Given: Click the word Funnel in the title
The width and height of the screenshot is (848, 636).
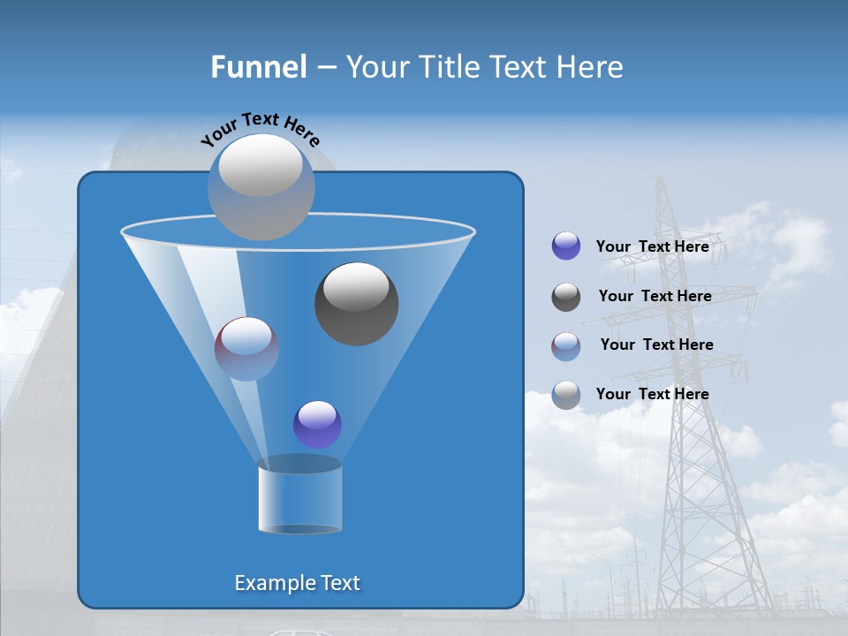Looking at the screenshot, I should click(x=258, y=67).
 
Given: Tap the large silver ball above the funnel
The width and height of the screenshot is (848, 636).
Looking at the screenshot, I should click(x=261, y=187).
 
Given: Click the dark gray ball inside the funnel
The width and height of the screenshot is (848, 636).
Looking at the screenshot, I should click(x=356, y=304).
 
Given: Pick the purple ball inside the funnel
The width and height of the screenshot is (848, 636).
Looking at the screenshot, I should click(x=317, y=424).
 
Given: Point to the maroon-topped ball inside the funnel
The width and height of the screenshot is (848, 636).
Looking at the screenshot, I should click(x=246, y=349).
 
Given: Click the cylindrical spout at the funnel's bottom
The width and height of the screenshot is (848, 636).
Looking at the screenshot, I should click(x=299, y=496).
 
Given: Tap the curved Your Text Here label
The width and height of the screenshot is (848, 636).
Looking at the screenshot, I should click(x=260, y=129).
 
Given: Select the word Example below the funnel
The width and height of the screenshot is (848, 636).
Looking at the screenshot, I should click(x=274, y=583).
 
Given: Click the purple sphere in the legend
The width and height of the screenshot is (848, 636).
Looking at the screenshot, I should click(x=566, y=246).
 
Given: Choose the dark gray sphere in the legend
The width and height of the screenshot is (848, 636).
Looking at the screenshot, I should click(x=566, y=297).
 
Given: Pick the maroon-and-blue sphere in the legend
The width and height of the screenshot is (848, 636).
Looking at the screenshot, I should click(x=566, y=346).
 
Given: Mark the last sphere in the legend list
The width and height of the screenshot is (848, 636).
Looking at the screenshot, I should click(x=566, y=395).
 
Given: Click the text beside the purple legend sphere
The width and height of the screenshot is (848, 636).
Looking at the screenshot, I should click(x=652, y=246).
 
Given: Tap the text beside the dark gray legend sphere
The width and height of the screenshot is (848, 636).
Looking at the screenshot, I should click(x=655, y=296).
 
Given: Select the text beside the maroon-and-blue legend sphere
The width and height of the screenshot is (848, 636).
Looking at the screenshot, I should click(x=656, y=344).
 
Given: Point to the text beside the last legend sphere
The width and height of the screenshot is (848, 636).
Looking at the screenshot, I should click(x=652, y=394).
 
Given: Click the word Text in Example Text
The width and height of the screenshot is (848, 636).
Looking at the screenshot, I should click(x=338, y=583).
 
